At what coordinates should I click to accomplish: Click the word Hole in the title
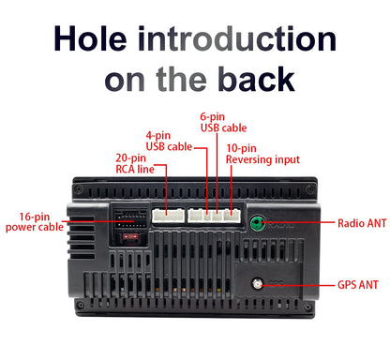(x=91, y=38)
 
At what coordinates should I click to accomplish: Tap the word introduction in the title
(x=237, y=38)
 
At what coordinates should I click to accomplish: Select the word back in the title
(x=256, y=79)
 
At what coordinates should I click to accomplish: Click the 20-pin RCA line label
(x=135, y=163)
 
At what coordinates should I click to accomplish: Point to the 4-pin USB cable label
(x=169, y=141)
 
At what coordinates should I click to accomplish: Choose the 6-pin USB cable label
(x=223, y=122)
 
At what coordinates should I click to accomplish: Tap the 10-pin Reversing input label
(x=262, y=154)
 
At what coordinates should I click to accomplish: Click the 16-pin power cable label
(x=35, y=221)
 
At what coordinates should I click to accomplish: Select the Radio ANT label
(x=362, y=223)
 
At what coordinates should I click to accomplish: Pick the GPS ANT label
(x=358, y=285)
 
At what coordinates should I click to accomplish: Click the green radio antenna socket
(x=257, y=222)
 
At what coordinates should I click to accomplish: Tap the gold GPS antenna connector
(x=257, y=284)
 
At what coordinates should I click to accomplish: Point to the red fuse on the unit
(x=131, y=236)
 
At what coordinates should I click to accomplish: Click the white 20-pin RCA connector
(x=168, y=216)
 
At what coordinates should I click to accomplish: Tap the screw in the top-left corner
(x=79, y=188)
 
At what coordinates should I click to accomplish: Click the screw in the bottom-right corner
(x=308, y=307)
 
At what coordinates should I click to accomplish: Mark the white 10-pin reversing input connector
(x=232, y=216)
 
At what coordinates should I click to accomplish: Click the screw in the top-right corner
(x=310, y=189)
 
